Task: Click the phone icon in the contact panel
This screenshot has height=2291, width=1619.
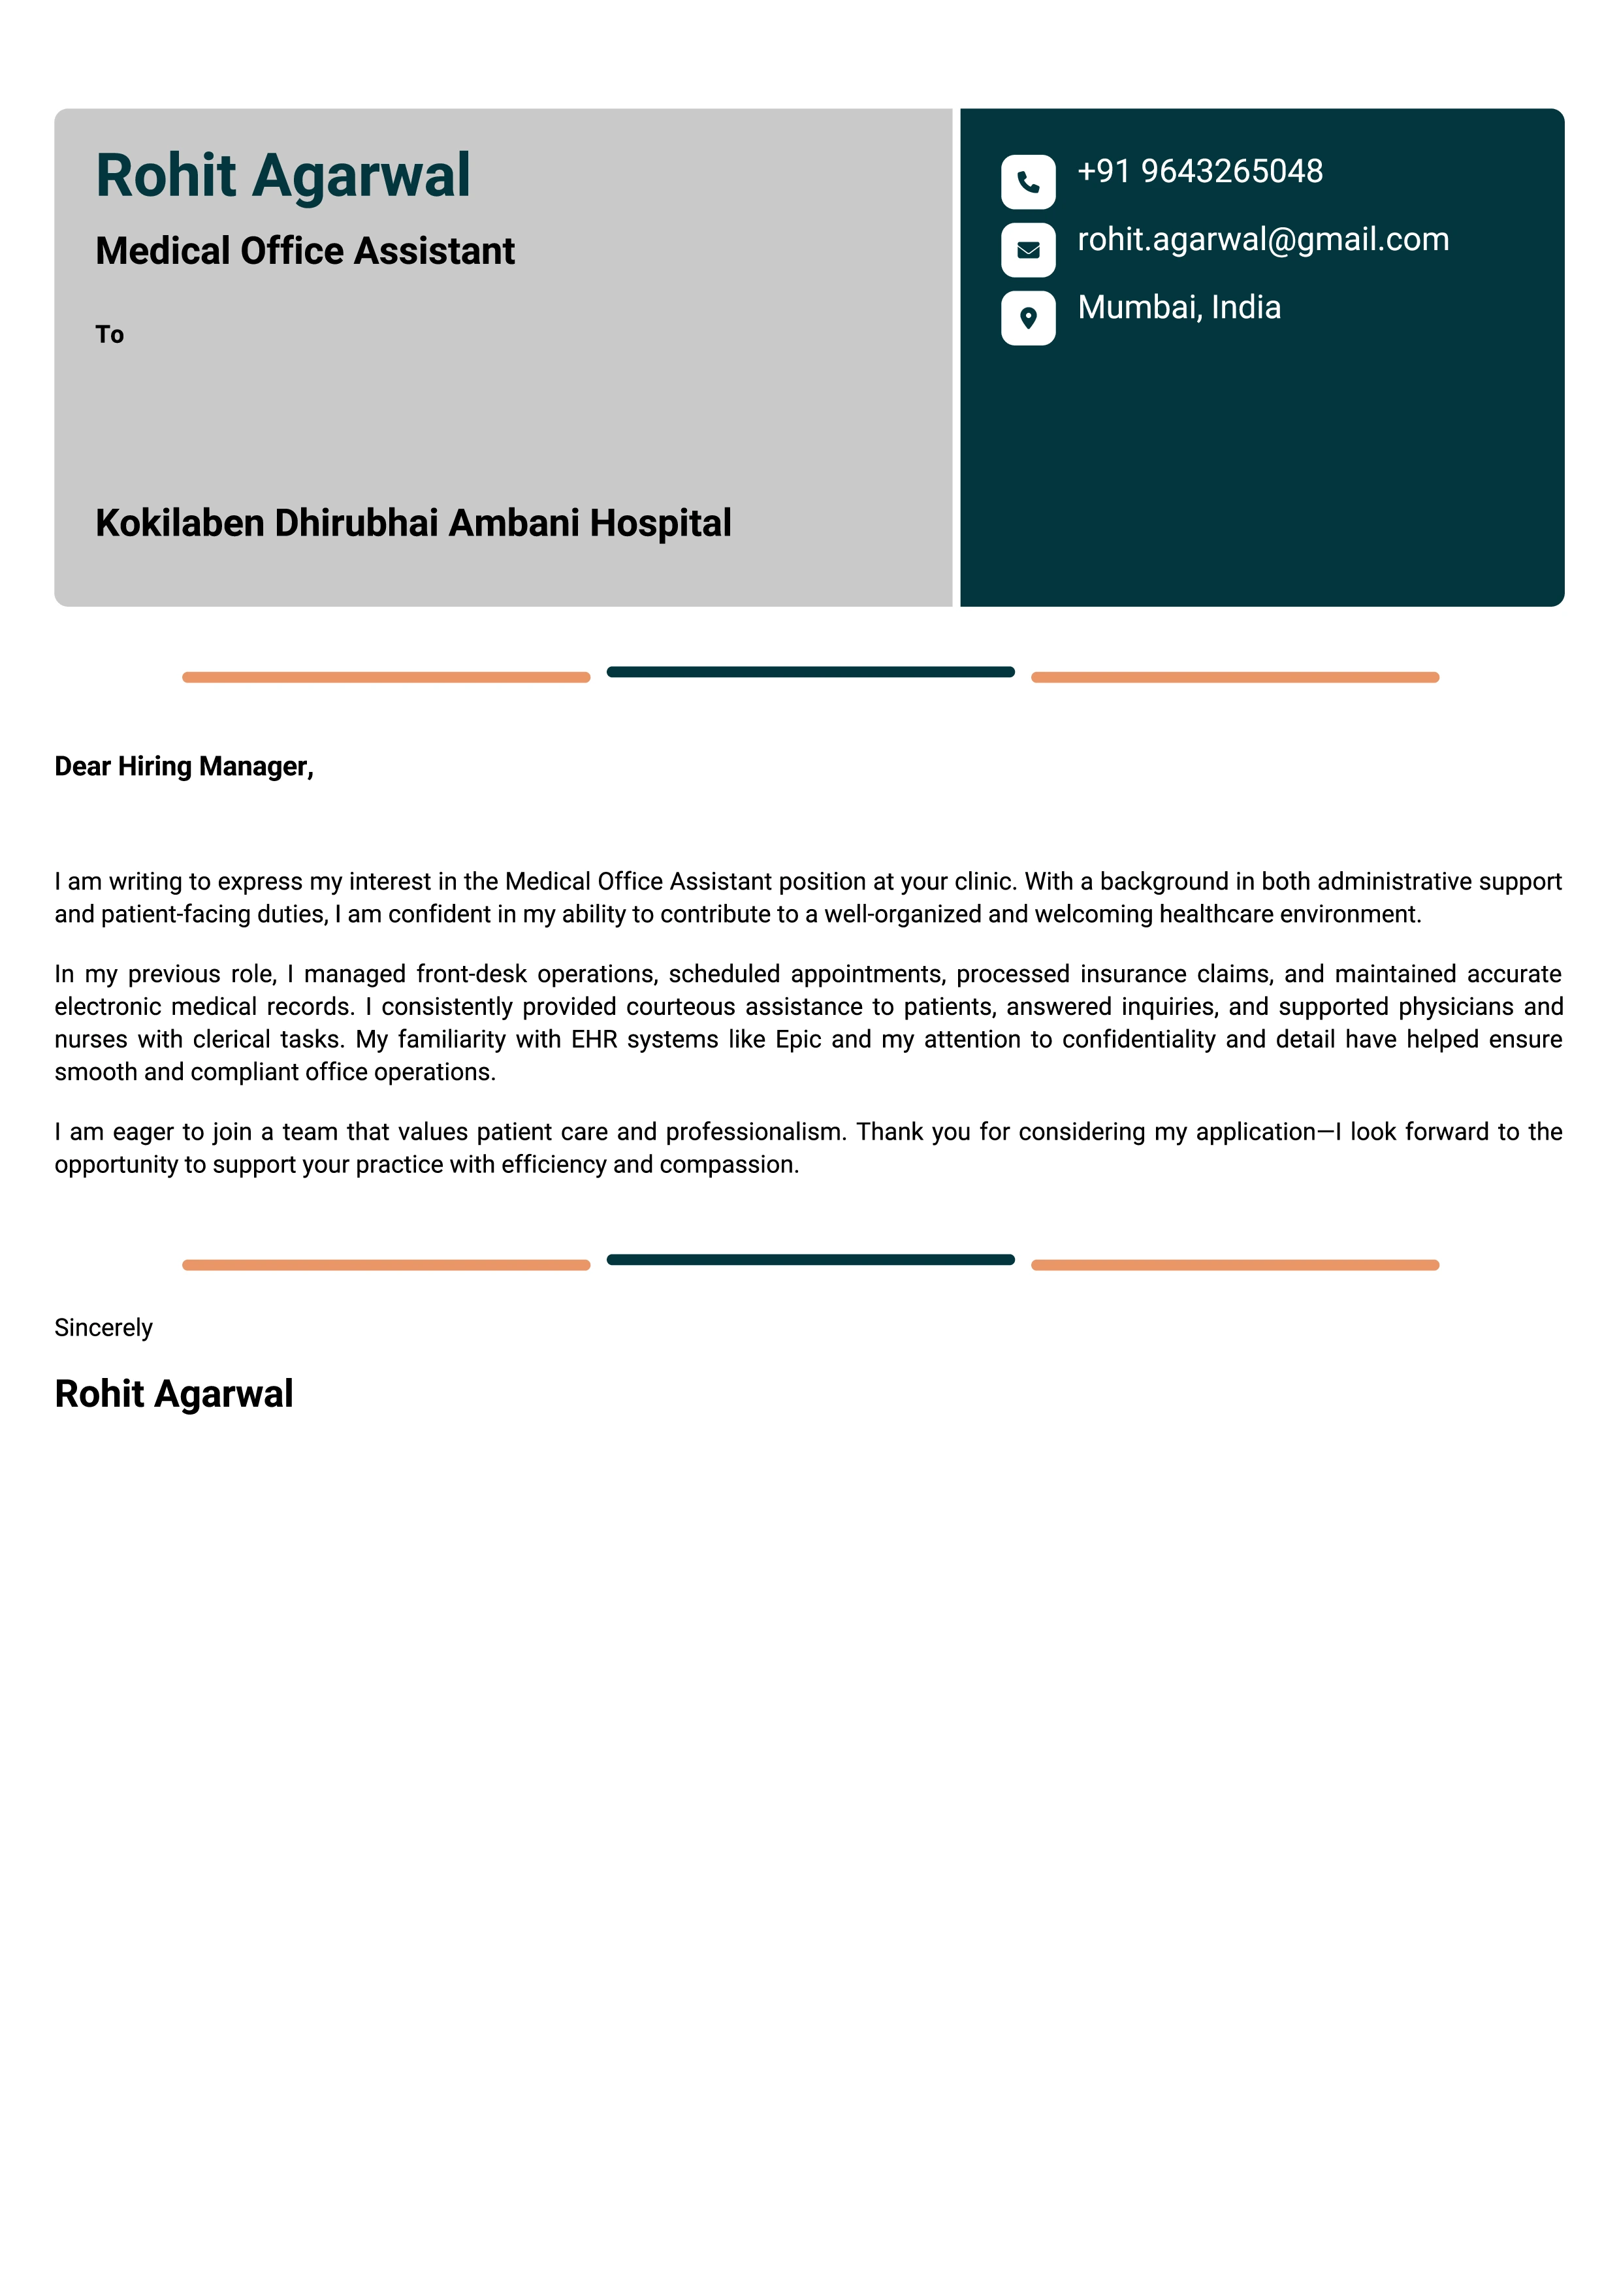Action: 1027,182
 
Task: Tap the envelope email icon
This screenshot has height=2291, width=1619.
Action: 1027,249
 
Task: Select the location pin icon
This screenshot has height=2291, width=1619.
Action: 1027,317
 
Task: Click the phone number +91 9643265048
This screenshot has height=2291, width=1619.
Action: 1199,172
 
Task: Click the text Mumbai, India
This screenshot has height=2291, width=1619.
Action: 1178,308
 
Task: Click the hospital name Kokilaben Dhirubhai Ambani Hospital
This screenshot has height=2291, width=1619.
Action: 413,523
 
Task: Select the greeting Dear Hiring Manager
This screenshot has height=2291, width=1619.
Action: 184,766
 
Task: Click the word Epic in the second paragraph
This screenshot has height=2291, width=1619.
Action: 798,1040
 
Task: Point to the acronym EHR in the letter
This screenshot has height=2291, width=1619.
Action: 594,1040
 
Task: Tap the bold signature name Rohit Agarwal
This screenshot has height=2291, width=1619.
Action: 174,1394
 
